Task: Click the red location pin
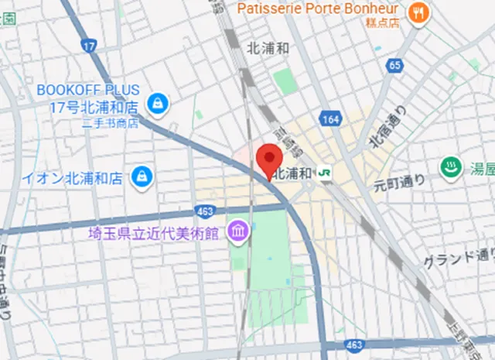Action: (268, 159)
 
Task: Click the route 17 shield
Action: (90, 46)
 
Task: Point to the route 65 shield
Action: (395, 66)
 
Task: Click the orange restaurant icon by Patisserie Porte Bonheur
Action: (418, 11)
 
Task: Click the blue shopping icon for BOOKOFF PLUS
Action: (158, 102)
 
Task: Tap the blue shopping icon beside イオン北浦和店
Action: (142, 177)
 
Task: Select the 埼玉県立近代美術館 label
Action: (155, 231)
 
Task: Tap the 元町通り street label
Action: (400, 183)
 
